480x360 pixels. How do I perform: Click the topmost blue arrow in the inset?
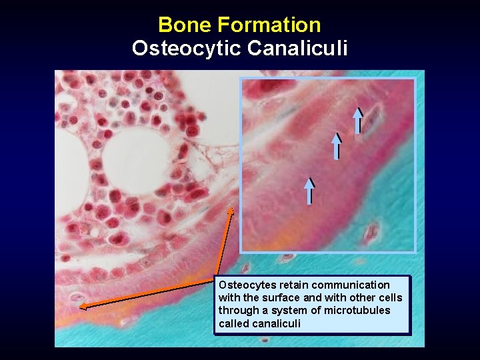tap(358, 121)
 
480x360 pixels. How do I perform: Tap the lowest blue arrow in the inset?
tap(309, 191)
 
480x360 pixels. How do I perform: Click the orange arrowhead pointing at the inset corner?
tap(231, 211)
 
